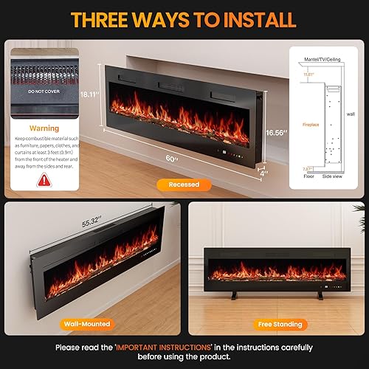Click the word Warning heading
[x=44, y=128]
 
